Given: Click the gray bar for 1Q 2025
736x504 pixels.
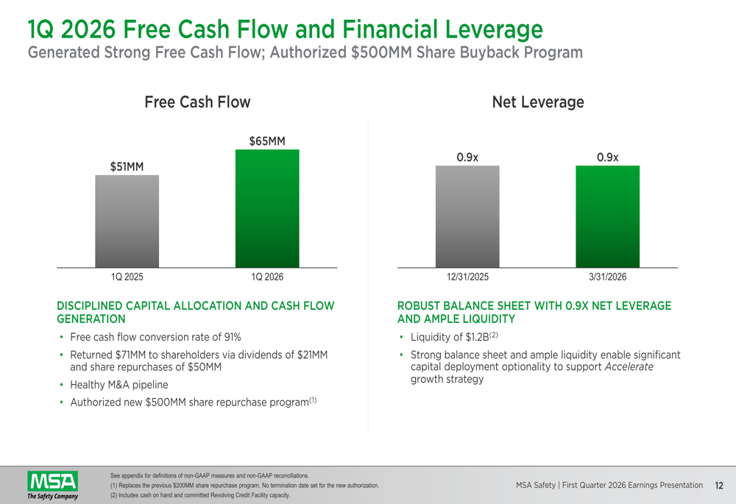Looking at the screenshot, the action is pyautogui.click(x=127, y=221).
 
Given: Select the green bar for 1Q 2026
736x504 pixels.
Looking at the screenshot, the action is pyautogui.click(x=267, y=208).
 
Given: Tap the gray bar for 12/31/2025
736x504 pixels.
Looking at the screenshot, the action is pyautogui.click(x=467, y=216).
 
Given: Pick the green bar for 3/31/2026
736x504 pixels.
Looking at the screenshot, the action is pyautogui.click(x=607, y=216).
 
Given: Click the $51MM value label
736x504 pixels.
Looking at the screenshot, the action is pyautogui.click(x=127, y=166).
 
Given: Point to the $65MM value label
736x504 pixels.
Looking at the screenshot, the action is pyautogui.click(x=267, y=141).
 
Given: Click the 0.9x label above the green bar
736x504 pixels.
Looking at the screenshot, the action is pyautogui.click(x=607, y=157).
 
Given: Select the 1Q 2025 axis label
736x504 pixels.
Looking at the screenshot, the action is pyautogui.click(x=127, y=277).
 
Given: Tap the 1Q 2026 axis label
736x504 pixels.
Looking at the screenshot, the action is pyautogui.click(x=268, y=277).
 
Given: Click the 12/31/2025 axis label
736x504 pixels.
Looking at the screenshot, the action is pyautogui.click(x=467, y=277).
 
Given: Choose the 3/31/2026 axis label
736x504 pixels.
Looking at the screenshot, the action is pyautogui.click(x=607, y=277).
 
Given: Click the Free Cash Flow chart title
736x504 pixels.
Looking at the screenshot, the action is pyautogui.click(x=197, y=102).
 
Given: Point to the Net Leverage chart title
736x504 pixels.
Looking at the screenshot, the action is pyautogui.click(x=538, y=102).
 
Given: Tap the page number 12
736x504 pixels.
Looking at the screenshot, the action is pyautogui.click(x=719, y=486).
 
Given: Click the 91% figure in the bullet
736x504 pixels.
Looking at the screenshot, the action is pyautogui.click(x=233, y=337).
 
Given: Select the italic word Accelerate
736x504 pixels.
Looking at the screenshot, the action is pyautogui.click(x=629, y=366).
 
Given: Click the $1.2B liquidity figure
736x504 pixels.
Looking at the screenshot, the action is pyautogui.click(x=477, y=337).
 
